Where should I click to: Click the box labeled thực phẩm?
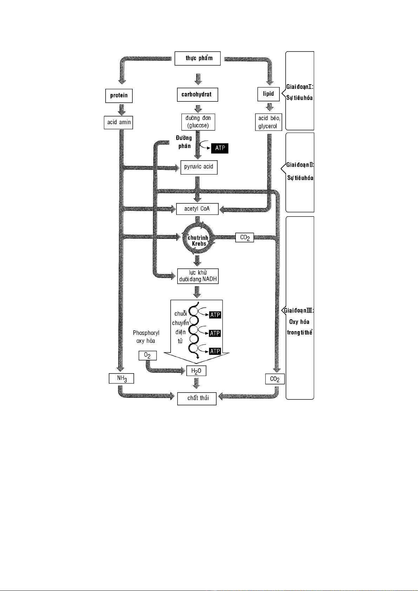coord(198,58)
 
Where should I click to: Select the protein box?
coord(119,95)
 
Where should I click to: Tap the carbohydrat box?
coord(198,95)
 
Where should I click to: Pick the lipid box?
coord(268,94)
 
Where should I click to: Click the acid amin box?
coord(118,122)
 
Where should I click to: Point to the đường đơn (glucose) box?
coord(198,122)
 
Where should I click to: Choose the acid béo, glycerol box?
coord(268,122)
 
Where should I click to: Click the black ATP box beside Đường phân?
coord(220,148)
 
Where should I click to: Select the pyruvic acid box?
coord(199,167)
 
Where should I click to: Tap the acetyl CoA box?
coord(197,209)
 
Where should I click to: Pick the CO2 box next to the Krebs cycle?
coord(245,238)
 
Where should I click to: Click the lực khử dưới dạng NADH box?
coord(198,276)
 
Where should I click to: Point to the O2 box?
coord(148,356)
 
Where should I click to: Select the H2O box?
coord(196,371)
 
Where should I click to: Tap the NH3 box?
coord(121,378)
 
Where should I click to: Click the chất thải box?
coord(197,399)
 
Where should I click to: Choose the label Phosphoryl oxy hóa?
coord(146,337)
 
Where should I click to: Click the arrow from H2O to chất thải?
coord(196,383)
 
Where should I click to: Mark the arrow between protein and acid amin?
coord(121,110)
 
